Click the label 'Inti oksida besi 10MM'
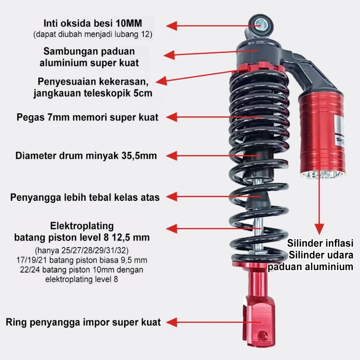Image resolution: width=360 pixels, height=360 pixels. coord(93,24)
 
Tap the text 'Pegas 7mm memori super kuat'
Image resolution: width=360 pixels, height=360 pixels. coord(88,117)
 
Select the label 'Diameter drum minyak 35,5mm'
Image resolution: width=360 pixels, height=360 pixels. coord(86,156)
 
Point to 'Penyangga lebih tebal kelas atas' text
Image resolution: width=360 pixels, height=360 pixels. coord(85,198)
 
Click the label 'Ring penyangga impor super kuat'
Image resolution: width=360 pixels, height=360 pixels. coord(83,322)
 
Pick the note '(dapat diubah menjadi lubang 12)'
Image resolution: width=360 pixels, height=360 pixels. coord(93,34)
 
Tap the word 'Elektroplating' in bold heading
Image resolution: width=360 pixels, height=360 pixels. coord(82,226)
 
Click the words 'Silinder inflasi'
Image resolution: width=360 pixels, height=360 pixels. coord(320,243)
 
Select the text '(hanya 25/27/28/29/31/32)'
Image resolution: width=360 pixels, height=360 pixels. coord(82,250)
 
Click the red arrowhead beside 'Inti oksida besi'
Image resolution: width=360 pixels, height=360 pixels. coord(172,26)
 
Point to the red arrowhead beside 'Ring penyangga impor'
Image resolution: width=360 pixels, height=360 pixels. coord(172,322)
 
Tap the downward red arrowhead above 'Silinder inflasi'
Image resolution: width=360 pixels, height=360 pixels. coord(319,229)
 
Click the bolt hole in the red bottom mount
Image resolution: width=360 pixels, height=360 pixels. coord(261,336)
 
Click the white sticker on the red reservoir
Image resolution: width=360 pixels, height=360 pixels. coord(340,131)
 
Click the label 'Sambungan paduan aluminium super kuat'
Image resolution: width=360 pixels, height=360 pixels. coord(89,57)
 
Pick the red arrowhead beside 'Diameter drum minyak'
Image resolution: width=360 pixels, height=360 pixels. coord(172,156)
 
